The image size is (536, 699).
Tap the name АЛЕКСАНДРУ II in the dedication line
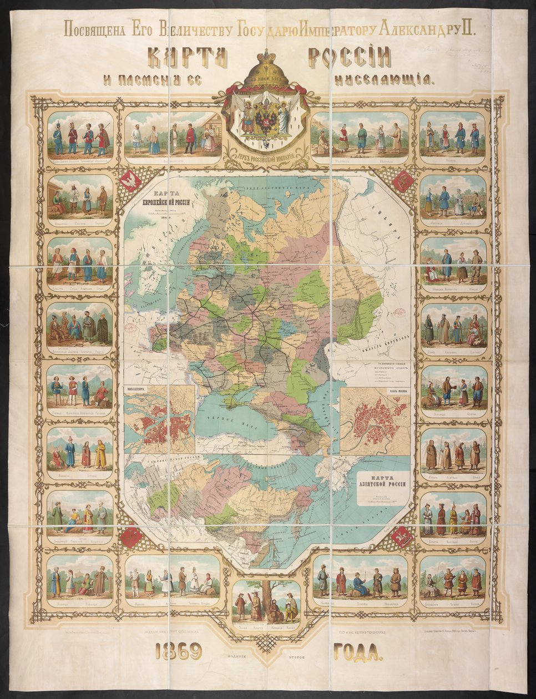427,29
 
